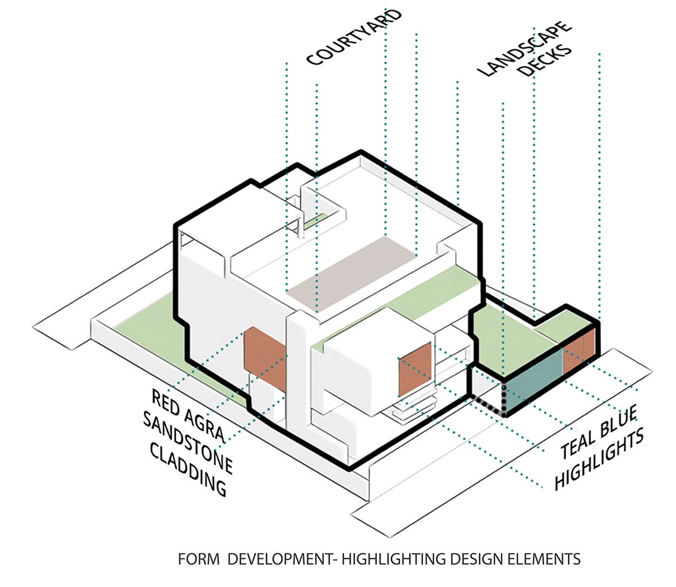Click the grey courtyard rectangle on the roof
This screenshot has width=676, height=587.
[x=352, y=268]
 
